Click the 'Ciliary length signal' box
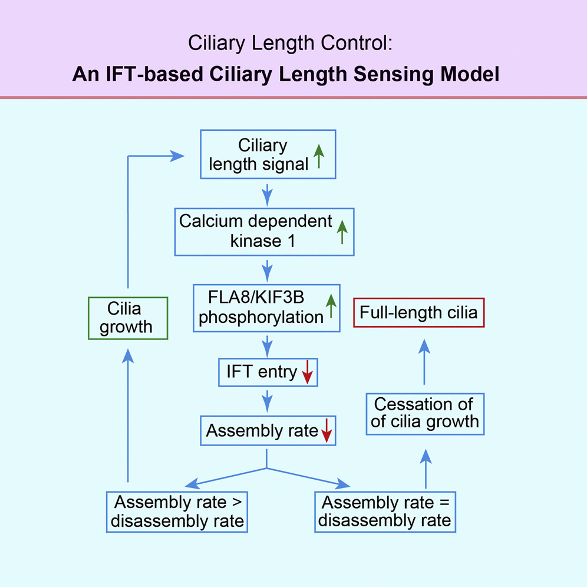pyautogui.click(x=268, y=154)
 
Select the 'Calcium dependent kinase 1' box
pyautogui.click(x=264, y=231)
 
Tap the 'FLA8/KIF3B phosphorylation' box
pyautogui.click(x=267, y=308)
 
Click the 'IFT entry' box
pyautogui.click(x=268, y=372)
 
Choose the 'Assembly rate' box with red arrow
pyautogui.click(x=268, y=431)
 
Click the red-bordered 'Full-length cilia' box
pyautogui.click(x=418, y=312)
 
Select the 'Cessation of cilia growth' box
pyautogui.click(x=425, y=414)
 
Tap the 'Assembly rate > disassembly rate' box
pyautogui.click(x=177, y=512)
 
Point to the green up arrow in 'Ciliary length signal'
pyautogui.click(x=318, y=157)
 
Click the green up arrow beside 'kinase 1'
pyautogui.click(x=341, y=232)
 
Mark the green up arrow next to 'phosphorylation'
pyautogui.click(x=331, y=307)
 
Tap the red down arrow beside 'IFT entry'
pyautogui.click(x=306, y=373)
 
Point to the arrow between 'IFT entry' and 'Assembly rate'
pyautogui.click(x=268, y=401)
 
